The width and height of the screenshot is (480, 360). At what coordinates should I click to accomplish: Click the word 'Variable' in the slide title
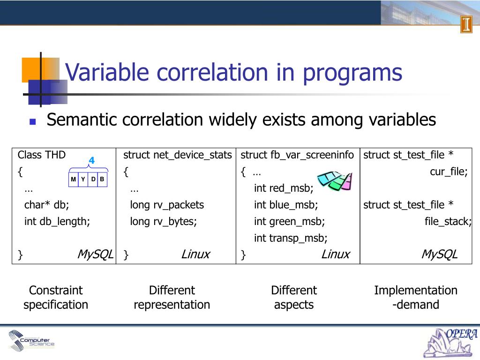[x=107, y=72]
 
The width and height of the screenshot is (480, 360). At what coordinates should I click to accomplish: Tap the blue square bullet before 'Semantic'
[x=32, y=121]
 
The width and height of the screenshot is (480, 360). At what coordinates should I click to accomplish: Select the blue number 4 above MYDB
[x=91, y=160]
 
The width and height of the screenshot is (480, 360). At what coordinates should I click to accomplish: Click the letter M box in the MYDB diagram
[x=74, y=180]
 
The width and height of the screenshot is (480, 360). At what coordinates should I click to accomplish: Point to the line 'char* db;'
[x=46, y=204]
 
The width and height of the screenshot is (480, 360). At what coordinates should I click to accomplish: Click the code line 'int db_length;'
[x=57, y=221]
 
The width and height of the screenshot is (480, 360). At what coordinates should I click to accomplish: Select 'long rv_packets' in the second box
[x=167, y=205]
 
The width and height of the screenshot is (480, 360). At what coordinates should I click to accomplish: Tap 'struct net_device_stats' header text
[x=177, y=155]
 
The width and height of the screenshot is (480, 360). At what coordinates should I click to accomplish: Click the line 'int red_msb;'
[x=284, y=188]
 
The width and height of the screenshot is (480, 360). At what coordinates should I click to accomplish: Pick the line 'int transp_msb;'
[x=291, y=238]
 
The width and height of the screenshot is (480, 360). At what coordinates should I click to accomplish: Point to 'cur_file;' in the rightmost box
[x=449, y=172]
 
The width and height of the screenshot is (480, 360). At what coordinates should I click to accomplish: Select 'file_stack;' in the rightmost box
[x=448, y=221]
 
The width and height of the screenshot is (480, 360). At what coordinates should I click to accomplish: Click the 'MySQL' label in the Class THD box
[x=95, y=254]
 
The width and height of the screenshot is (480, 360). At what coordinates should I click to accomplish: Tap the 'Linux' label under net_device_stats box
[x=195, y=254]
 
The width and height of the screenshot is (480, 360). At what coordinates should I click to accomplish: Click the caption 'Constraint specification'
[x=56, y=297]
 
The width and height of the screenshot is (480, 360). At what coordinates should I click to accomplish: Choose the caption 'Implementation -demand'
[x=416, y=297]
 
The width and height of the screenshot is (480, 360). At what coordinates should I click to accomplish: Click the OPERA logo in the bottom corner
[x=450, y=343]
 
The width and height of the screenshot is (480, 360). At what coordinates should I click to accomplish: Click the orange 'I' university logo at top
[x=466, y=24]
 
